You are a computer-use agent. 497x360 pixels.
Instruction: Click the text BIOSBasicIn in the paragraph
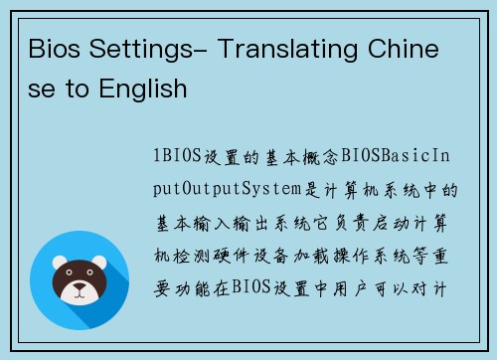pyautogui.click(x=398, y=157)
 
